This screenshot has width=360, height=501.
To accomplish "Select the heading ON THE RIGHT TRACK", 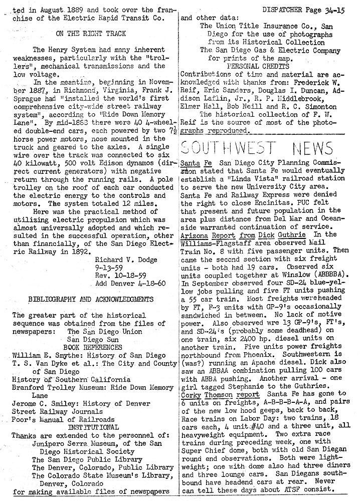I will click(90, 34).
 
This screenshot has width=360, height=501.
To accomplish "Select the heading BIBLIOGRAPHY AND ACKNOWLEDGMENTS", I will click(91, 300).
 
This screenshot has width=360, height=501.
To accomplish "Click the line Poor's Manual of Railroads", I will click(63, 419).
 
